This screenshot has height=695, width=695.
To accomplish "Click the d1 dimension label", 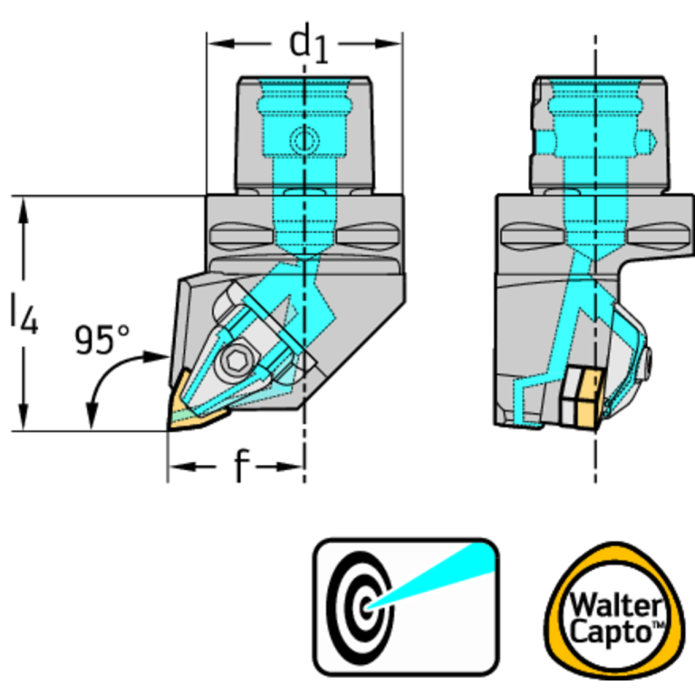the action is (308, 46).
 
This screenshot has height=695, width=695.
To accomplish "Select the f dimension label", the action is (242, 466).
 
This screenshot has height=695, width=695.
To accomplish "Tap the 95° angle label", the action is (102, 340).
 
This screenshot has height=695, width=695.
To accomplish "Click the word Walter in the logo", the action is (616, 605).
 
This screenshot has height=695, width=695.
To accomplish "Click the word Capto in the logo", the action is (611, 632).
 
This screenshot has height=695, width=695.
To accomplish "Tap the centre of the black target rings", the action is (366, 608).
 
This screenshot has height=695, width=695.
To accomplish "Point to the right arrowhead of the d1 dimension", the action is (389, 43).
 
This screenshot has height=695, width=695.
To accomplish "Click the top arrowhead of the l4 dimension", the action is (24, 209).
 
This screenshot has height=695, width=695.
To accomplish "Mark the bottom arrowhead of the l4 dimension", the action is (24, 417).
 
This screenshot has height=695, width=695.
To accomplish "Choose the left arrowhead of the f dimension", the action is (182, 467).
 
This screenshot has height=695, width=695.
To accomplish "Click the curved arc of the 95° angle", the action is (106, 377).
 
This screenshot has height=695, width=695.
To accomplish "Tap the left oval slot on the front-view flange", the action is (240, 236).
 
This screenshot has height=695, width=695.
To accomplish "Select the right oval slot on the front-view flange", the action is (367, 236).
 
